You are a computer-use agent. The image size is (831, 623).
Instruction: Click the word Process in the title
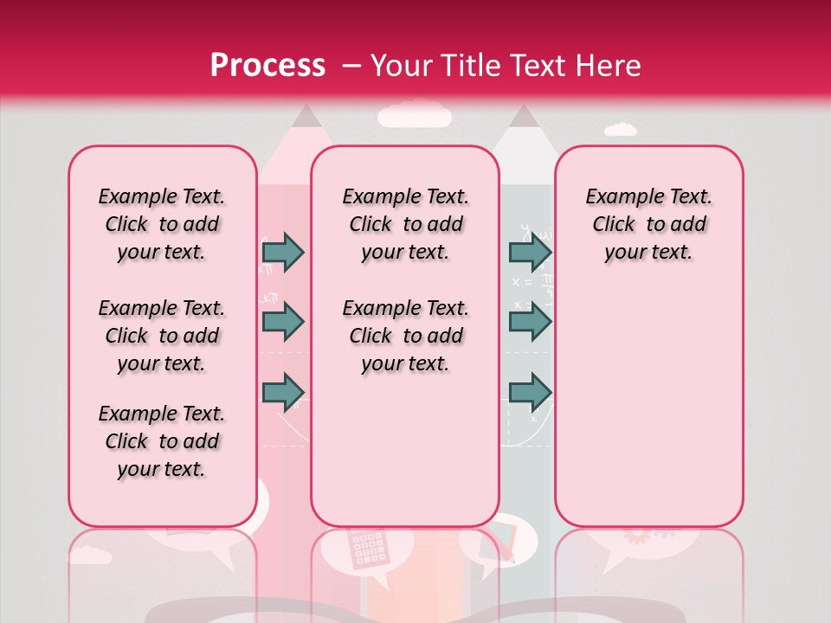click(x=267, y=65)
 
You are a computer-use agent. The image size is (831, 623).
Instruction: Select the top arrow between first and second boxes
click(x=283, y=252)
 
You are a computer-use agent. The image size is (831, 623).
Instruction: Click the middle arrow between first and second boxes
click(x=283, y=322)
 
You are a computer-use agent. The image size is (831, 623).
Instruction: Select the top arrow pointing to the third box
click(x=530, y=252)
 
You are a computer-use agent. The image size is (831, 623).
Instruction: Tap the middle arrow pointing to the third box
click(x=530, y=322)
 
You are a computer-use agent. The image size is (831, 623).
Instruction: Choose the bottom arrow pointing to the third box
click(x=530, y=391)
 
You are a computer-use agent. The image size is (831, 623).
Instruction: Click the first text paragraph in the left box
click(x=162, y=224)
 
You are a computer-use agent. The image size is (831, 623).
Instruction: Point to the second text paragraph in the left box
click(x=162, y=336)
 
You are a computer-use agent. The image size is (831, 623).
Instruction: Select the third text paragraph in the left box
click(x=162, y=441)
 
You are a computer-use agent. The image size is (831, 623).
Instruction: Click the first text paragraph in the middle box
click(x=405, y=224)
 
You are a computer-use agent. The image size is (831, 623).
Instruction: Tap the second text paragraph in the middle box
click(x=405, y=336)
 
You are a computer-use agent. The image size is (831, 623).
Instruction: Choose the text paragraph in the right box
click(x=648, y=224)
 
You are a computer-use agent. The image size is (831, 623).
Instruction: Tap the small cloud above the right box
click(x=620, y=130)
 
